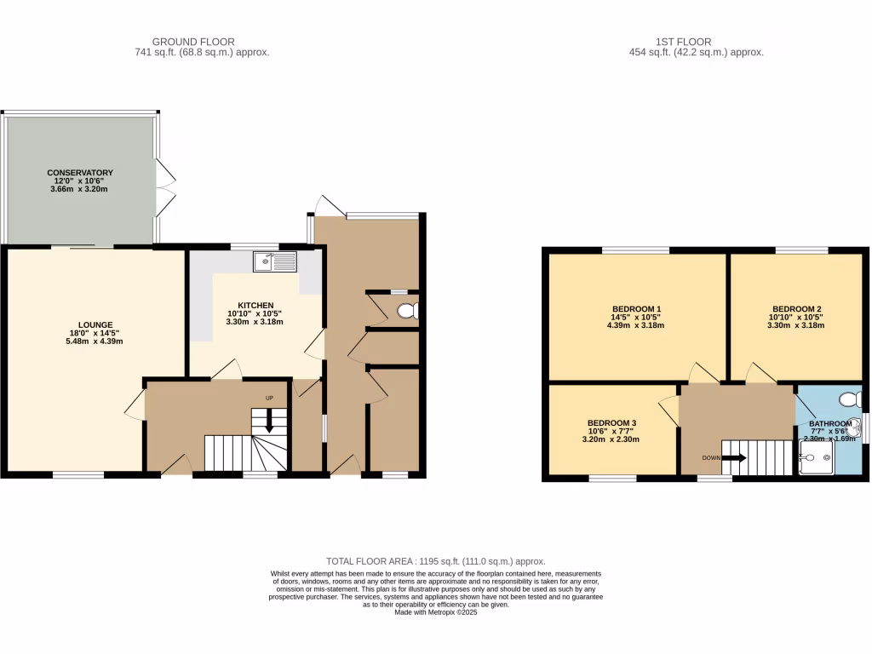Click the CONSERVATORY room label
(80, 173)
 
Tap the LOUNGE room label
(95, 324)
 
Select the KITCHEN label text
(255, 305)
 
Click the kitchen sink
(273, 261)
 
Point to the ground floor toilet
(409, 310)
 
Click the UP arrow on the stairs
(270, 419)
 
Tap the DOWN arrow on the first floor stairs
(737, 458)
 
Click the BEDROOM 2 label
(796, 308)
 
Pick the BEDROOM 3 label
(611, 423)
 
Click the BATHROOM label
(829, 423)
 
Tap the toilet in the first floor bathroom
(848, 399)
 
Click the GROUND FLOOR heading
(193, 41)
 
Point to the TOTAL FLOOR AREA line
(435, 561)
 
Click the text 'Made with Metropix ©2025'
(435, 611)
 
